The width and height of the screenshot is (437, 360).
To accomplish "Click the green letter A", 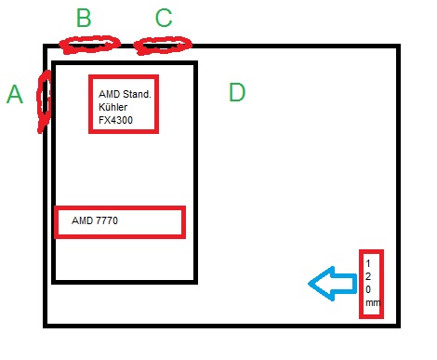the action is (15, 94).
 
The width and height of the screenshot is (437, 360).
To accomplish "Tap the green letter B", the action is (84, 18).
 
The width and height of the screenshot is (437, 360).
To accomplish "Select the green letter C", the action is (164, 18).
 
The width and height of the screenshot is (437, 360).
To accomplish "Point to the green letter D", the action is (237, 92).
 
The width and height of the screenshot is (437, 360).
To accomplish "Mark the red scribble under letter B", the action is (89, 45).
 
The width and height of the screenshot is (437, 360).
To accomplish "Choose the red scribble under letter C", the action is (163, 46).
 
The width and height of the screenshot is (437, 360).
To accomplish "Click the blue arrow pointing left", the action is (333, 284).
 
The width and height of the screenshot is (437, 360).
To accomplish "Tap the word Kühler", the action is (113, 107).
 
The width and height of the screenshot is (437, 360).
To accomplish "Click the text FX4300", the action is (115, 120).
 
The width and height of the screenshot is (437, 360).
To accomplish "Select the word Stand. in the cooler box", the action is (137, 94).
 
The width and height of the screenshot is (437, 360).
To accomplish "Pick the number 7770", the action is (107, 220).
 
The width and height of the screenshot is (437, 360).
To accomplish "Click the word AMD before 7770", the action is (82, 220).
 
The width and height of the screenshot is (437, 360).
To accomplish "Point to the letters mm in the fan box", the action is (373, 303).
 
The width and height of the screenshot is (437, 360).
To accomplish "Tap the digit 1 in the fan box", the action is (368, 263).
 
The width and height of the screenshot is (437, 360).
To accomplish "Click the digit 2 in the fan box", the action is (368, 276).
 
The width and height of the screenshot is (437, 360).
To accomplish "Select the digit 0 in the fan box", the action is (368, 289).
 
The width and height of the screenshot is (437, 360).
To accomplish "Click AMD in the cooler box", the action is (109, 94).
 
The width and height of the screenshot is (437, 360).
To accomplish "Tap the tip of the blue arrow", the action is (309, 284).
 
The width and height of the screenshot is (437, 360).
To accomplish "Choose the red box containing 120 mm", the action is (361, 284).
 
